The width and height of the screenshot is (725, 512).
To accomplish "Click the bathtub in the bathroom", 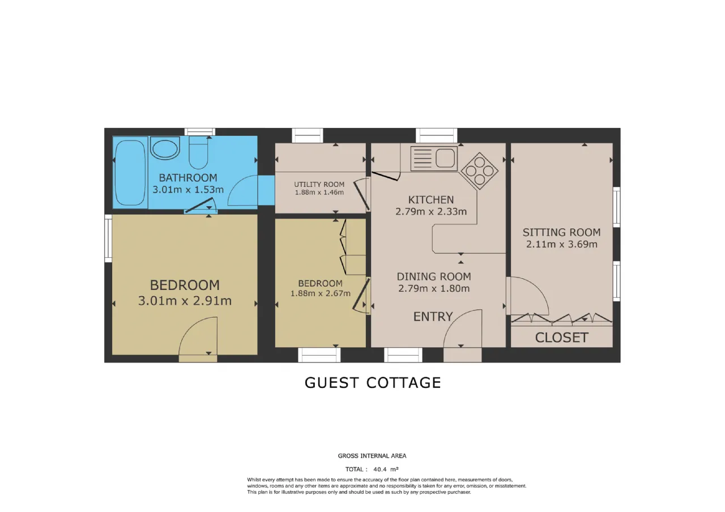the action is click(130, 173).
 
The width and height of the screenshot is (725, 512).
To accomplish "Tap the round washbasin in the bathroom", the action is click(165, 148).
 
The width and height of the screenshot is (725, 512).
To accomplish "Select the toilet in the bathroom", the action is click(198, 152).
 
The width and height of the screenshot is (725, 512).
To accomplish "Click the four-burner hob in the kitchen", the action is click(480, 171).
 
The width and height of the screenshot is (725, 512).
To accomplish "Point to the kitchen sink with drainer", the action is click(434, 159).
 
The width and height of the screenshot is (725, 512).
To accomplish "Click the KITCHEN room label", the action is click(431, 200).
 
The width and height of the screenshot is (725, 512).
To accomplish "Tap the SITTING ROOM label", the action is click(561, 232).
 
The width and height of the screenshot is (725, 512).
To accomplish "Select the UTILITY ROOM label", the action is click(319, 185).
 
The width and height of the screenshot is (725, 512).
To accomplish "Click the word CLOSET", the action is click(561, 338).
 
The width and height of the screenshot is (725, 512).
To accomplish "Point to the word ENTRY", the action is click(433, 317).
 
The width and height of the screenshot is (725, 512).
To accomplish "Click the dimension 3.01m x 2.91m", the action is click(185, 301).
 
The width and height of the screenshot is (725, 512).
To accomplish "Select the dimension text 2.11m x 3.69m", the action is click(561, 244).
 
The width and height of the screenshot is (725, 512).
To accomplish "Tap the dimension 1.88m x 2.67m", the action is click(321, 293).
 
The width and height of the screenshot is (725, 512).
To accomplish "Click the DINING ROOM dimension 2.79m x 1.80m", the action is click(434, 288).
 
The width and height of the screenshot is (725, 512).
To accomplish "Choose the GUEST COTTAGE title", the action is click(373, 383).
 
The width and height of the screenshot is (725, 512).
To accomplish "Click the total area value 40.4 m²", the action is click(386, 470).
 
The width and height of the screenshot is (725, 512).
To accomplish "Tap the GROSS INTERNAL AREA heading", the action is click(372, 456).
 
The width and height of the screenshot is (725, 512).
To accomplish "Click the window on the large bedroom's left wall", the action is click(108, 238).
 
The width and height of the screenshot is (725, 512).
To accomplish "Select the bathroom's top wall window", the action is click(200, 132).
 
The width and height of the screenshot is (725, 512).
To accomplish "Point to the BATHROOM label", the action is click(188, 178).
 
